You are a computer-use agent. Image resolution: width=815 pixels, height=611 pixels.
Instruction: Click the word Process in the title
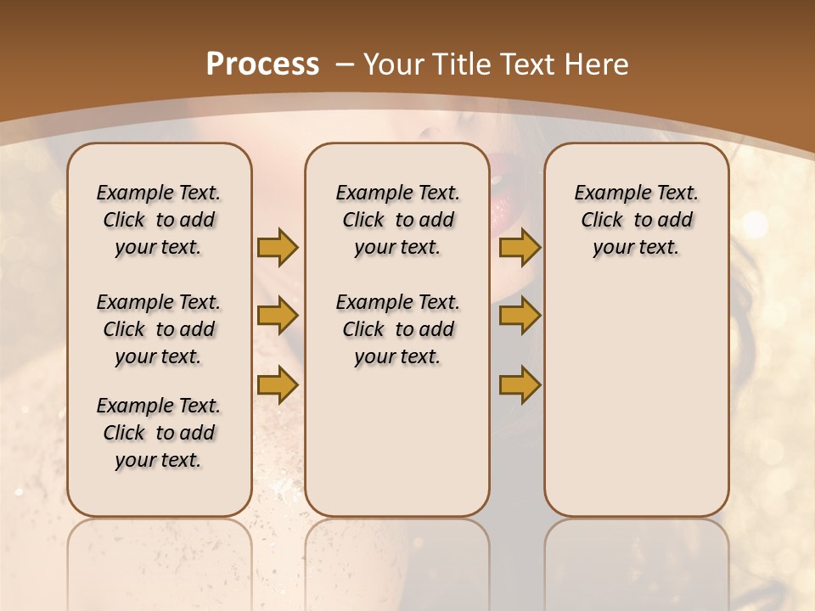coord(263,64)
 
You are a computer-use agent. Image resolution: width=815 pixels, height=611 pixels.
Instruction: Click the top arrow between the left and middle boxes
coord(278,247)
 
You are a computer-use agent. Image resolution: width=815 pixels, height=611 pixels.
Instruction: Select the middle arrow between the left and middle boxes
coord(278,317)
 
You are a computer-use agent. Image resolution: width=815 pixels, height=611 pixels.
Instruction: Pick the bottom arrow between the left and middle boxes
coord(278,384)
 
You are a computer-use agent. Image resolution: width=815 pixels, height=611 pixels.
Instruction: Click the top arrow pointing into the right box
coord(520,247)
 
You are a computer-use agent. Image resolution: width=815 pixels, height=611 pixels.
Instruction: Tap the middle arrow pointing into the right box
coord(520,317)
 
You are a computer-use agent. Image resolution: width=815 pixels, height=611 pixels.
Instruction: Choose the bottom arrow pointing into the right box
coord(520,384)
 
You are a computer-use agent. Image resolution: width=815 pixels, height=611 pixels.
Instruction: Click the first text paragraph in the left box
coord(159,220)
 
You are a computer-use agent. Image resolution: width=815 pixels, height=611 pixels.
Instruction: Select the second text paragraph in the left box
coord(159,329)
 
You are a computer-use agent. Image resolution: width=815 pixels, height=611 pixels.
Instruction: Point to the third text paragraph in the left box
coord(159,433)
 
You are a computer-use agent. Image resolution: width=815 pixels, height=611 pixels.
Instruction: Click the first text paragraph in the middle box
coord(397,220)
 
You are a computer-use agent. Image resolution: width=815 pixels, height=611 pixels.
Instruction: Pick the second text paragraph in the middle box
coord(397,329)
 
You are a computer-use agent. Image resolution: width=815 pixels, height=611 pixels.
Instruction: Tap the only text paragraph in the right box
coord(636,220)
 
